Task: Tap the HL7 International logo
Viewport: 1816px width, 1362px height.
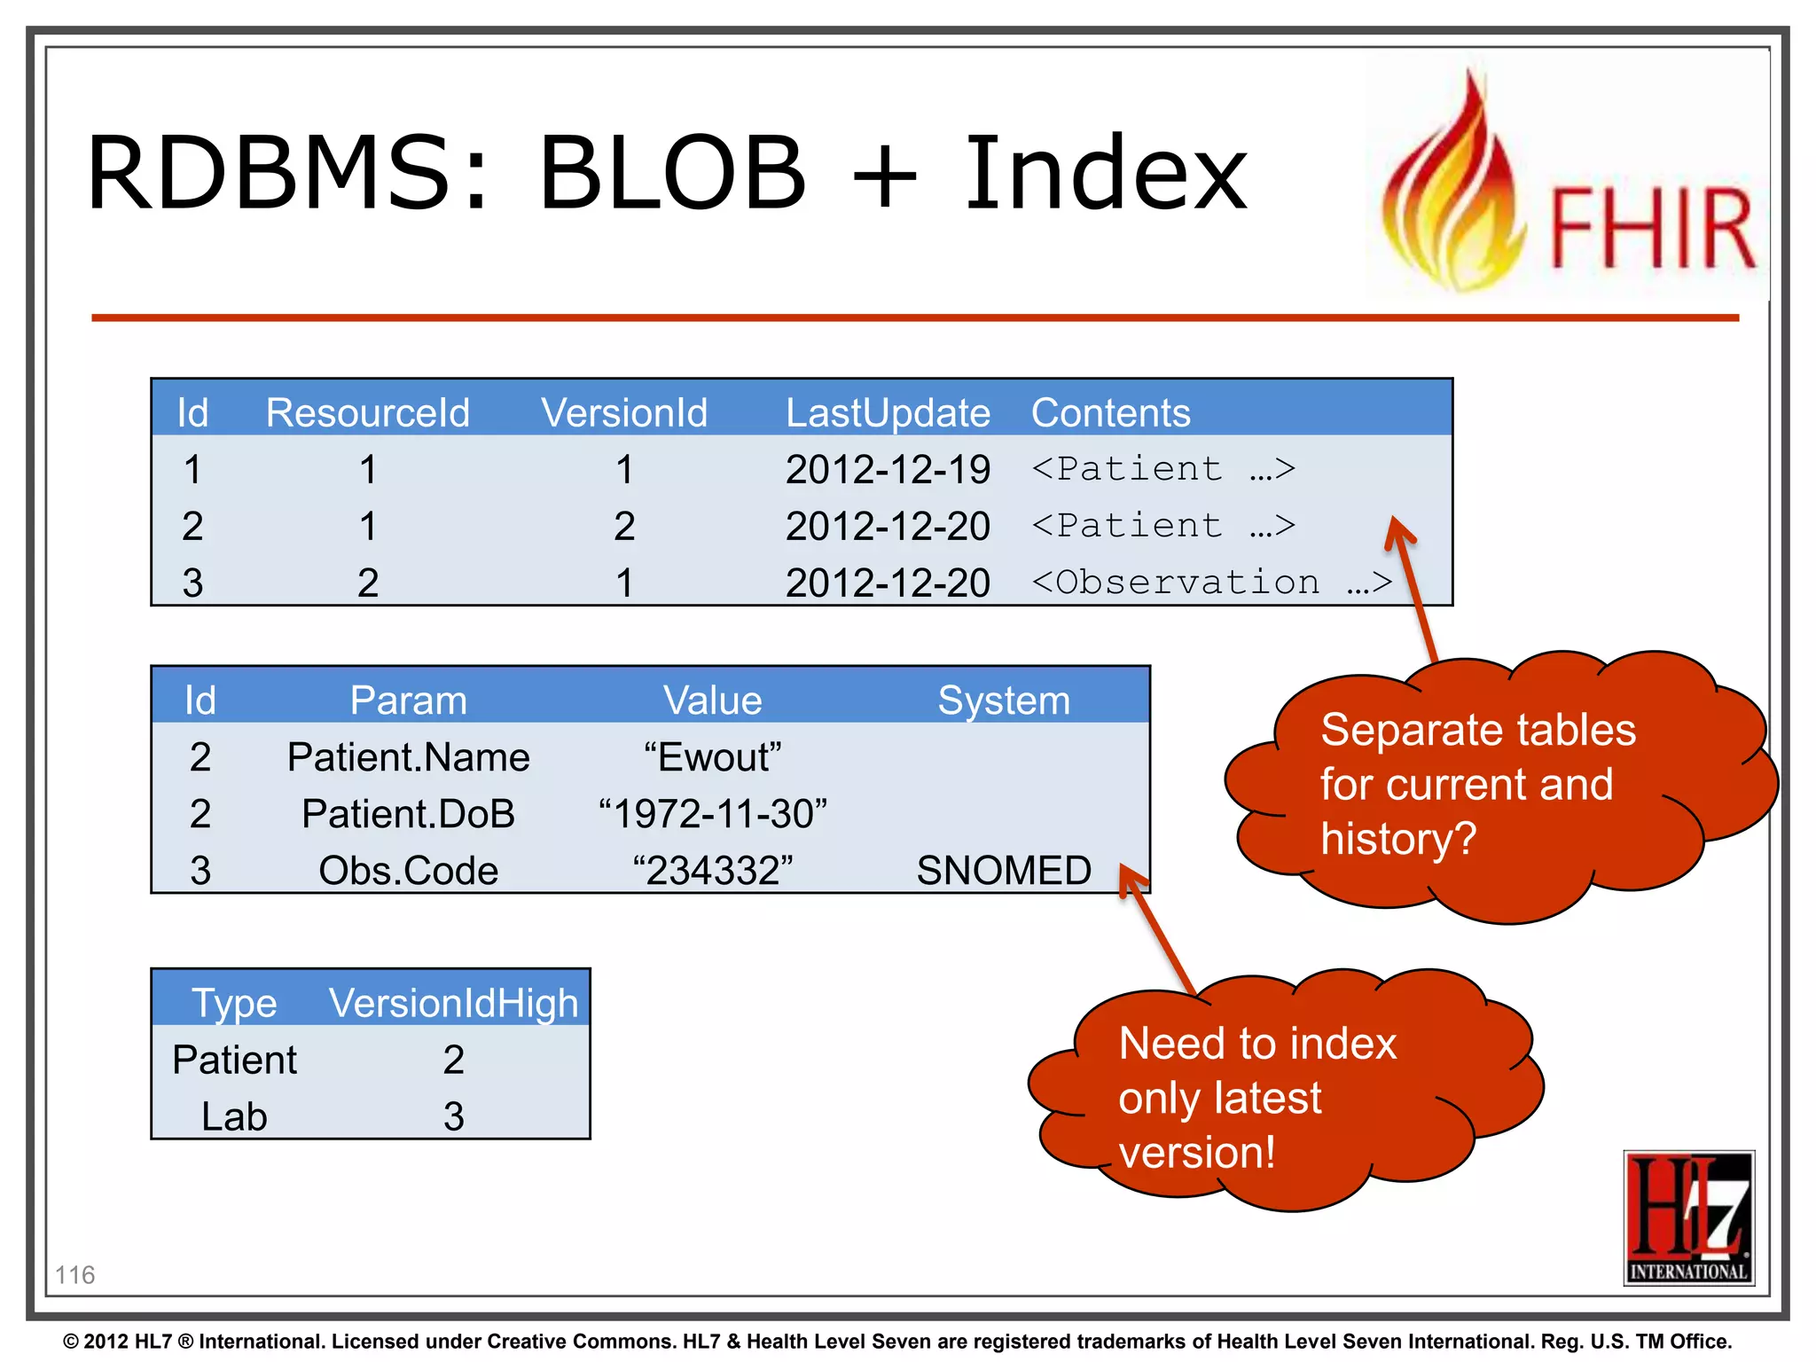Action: tap(1688, 1217)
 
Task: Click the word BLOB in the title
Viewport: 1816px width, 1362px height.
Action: tap(672, 173)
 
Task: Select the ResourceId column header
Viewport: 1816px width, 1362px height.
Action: tap(367, 413)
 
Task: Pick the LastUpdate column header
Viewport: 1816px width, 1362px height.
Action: tap(887, 413)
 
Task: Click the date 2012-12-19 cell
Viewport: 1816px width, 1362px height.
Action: tap(887, 470)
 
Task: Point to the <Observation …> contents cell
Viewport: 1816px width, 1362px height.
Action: tap(1211, 583)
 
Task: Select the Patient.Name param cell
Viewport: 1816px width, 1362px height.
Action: tap(408, 757)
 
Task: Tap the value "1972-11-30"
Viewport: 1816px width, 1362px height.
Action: tap(712, 814)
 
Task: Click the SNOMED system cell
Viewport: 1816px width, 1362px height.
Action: tap(1003, 871)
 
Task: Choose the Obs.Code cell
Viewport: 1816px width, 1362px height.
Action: tap(408, 871)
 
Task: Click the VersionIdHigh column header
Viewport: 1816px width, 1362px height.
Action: tap(453, 1004)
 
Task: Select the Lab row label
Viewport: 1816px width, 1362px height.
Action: tap(234, 1116)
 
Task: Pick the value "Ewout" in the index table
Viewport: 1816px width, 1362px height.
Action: tap(712, 757)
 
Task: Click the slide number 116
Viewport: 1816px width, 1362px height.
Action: tap(74, 1275)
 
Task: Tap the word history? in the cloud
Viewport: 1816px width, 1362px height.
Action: tap(1397, 839)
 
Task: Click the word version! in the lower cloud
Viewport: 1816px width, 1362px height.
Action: tap(1196, 1153)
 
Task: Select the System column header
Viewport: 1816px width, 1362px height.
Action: tap(1003, 701)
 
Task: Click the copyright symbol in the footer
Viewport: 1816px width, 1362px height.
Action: tap(71, 1342)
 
